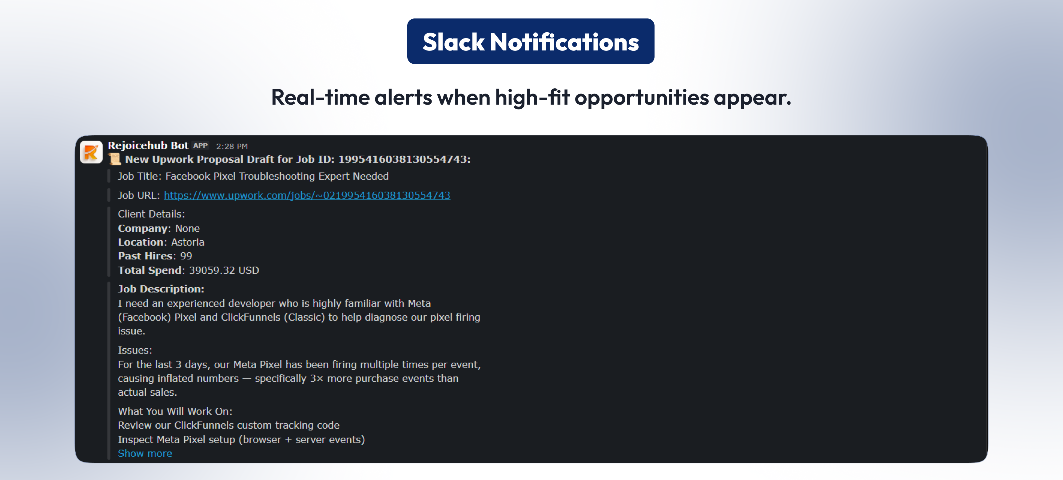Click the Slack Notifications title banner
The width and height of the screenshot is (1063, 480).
tap(530, 41)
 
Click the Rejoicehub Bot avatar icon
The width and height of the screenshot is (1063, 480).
tap(91, 152)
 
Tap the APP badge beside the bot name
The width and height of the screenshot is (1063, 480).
tap(201, 146)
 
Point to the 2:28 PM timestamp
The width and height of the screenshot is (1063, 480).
tap(232, 146)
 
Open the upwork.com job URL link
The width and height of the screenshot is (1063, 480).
tap(307, 195)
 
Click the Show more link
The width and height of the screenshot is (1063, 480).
tap(145, 454)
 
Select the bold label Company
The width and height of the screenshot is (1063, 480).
tap(143, 229)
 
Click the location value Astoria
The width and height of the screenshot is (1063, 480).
tap(188, 242)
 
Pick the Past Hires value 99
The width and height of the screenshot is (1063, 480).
tap(186, 256)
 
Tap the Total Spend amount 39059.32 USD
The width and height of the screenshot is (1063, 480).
tap(224, 270)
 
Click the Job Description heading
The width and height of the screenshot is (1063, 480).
tap(161, 289)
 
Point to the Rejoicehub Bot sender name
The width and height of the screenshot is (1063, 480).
tap(148, 146)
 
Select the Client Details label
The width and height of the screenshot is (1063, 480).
tap(151, 214)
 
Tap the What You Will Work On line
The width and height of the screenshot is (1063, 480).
tap(175, 411)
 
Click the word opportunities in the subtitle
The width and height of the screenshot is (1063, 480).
tap(641, 98)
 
